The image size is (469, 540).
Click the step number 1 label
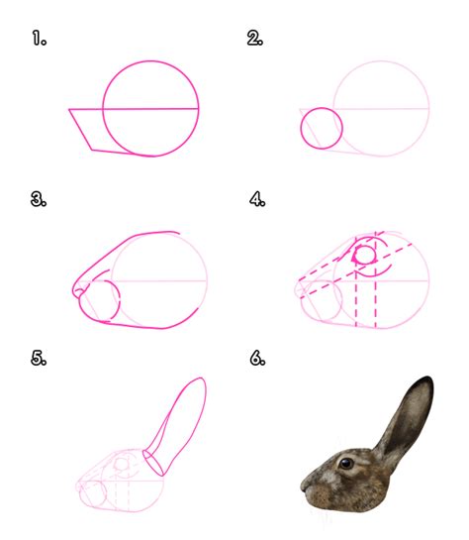pos(40,38)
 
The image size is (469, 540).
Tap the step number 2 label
pos(255,38)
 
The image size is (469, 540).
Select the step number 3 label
pos(39,199)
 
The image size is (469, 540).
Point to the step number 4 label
pos(257,199)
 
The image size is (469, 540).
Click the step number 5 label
pos(39,358)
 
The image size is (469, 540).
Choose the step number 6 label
pos(257,358)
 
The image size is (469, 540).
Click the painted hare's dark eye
pos(346,463)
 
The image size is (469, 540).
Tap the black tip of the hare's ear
pos(425,381)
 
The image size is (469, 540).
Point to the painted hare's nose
pos(304,485)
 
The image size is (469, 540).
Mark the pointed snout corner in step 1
pos(69,110)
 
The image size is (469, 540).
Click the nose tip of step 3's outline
pos(73,290)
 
